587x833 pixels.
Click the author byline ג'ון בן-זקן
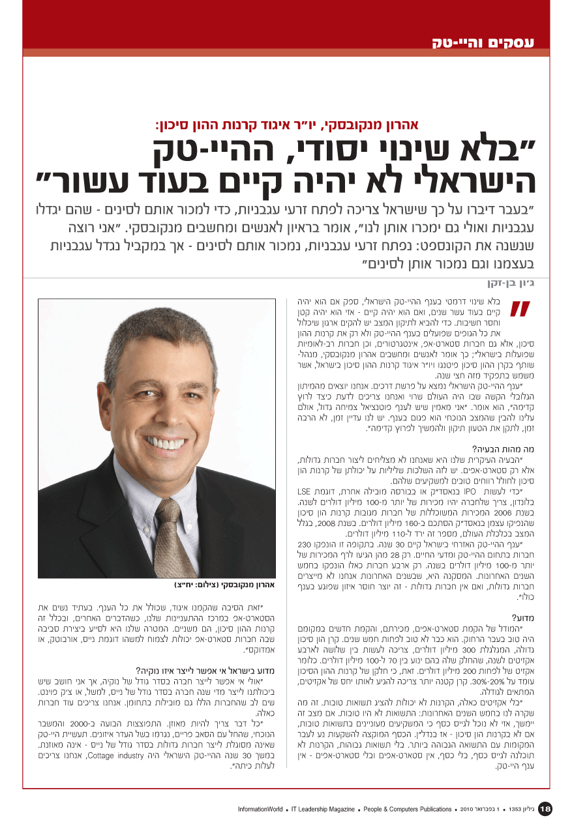[513, 284]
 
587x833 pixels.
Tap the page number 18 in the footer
[545, 809]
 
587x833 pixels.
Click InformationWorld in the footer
[260, 810]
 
